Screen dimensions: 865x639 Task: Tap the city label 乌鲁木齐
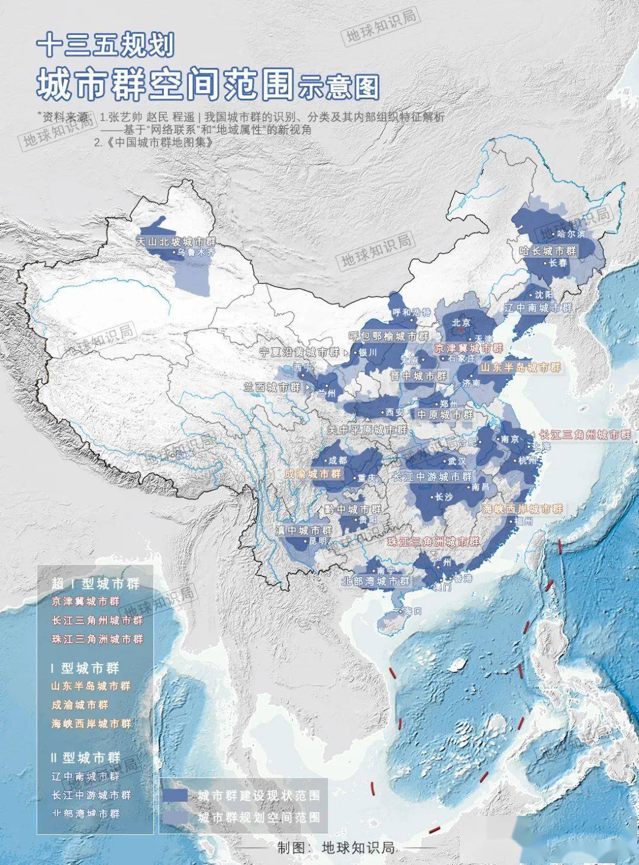pyautogui.click(x=193, y=252)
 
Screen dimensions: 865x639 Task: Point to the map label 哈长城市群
pyautogui.click(x=547, y=251)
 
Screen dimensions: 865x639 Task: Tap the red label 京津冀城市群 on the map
pyautogui.click(x=469, y=348)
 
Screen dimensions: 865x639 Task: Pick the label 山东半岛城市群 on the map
pyautogui.click(x=519, y=367)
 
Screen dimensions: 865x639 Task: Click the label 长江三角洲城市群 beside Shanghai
pyautogui.click(x=586, y=434)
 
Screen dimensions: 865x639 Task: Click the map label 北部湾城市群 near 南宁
pyautogui.click(x=376, y=582)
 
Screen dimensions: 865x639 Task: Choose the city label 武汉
pyautogui.click(x=456, y=460)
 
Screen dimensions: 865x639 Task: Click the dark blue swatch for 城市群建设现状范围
pyautogui.click(x=176, y=795)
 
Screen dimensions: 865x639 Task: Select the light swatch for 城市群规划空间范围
pyautogui.click(x=176, y=817)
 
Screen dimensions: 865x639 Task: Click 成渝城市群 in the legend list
pyautogui.click(x=79, y=705)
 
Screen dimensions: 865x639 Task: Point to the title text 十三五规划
pyautogui.click(x=104, y=45)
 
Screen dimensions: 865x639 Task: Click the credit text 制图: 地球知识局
pyautogui.click(x=335, y=847)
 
